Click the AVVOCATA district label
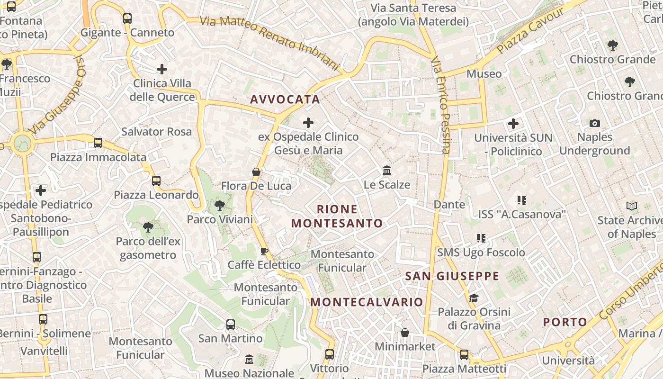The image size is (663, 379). tap(285, 99)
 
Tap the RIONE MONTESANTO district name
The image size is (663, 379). tap(337, 216)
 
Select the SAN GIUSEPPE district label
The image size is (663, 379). tap(452, 276)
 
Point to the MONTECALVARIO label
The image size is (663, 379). tap(367, 302)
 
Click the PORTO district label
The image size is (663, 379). tap(565, 322)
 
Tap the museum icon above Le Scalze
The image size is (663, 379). tap(387, 170)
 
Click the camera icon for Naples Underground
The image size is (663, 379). tap(595, 123)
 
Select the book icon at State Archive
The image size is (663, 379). tap(632, 206)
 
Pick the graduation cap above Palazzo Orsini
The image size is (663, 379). tap(474, 298)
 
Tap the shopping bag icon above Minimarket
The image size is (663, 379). tap(405, 333)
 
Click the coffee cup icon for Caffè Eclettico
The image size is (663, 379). tap(264, 251)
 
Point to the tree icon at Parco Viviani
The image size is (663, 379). tap(219, 206)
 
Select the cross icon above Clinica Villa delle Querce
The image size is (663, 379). tap(162, 69)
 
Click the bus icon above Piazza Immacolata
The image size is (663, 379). tap(98, 143)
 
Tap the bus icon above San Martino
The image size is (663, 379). tap(231, 325)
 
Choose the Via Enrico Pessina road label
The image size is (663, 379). tap(440, 106)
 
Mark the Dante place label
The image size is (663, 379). tap(449, 205)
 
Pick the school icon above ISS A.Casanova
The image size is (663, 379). tap(522, 200)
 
